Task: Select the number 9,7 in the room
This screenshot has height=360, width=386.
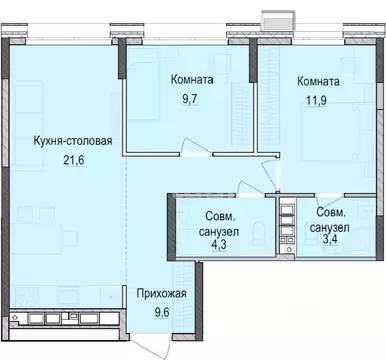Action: coord(188,99)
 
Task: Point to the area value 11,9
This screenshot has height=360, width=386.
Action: coord(305,99)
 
